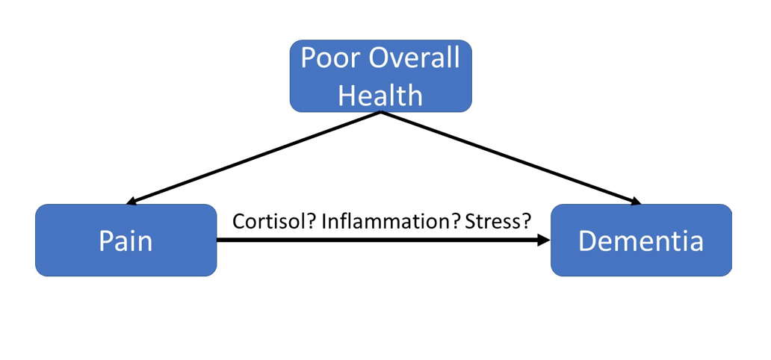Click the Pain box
(x=126, y=240)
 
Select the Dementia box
(x=641, y=240)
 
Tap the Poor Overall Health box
(x=380, y=75)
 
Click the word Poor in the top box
(x=330, y=58)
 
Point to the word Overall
(x=414, y=58)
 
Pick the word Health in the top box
(x=380, y=95)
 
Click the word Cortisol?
(x=274, y=221)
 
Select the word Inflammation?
(x=391, y=221)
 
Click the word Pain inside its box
(x=126, y=241)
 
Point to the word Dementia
(x=641, y=241)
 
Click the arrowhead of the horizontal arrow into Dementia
(x=544, y=240)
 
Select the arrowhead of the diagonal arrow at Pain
(x=131, y=201)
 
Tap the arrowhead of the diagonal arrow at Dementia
(x=637, y=201)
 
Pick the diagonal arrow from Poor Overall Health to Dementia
(x=511, y=158)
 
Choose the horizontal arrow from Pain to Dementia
(x=383, y=240)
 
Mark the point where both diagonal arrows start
(x=381, y=113)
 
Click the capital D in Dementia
(x=587, y=241)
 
